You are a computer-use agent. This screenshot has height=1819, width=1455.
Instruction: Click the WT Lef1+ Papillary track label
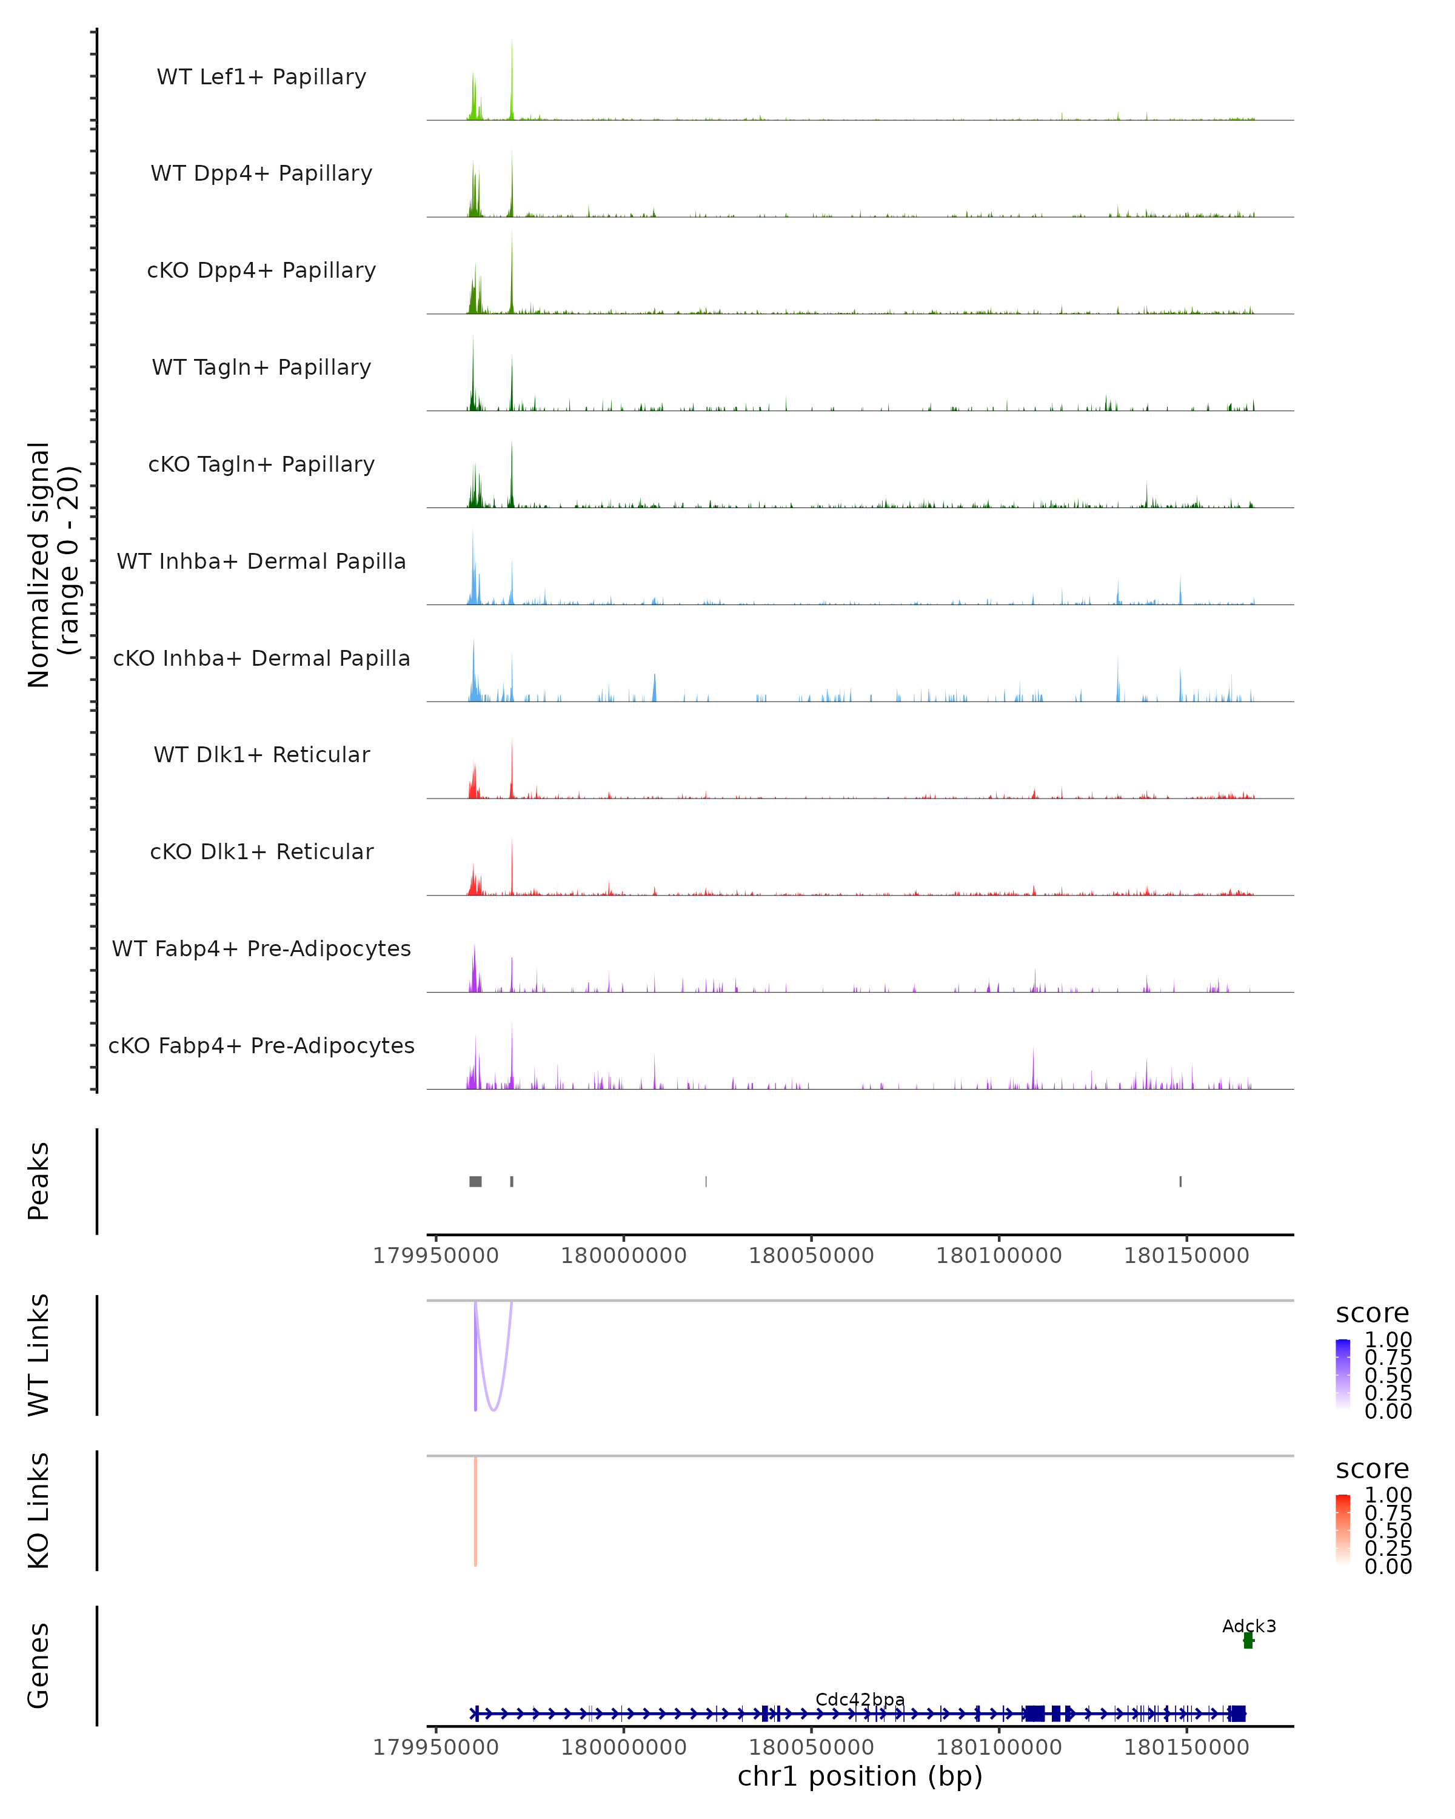click(x=261, y=77)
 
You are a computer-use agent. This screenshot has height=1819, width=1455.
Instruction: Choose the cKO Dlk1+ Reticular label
click(x=261, y=851)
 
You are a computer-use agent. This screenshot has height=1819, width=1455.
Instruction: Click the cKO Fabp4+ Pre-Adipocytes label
click(x=261, y=1045)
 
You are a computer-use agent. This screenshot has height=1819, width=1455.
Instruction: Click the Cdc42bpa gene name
click(x=860, y=1699)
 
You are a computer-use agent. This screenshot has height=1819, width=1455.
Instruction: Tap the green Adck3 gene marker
click(x=1248, y=1641)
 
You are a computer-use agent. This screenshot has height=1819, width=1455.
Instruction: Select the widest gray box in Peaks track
click(x=476, y=1181)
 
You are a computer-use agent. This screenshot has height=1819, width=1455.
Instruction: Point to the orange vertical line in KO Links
click(x=476, y=1510)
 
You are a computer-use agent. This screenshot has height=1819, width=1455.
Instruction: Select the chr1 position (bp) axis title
click(x=860, y=1776)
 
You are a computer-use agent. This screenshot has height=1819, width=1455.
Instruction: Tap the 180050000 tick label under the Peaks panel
click(x=811, y=1256)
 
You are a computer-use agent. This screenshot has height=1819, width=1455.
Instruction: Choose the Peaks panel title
click(x=39, y=1181)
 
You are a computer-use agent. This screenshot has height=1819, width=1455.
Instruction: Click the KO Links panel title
click(x=39, y=1510)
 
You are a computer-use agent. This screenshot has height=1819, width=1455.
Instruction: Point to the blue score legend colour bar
click(x=1343, y=1373)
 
